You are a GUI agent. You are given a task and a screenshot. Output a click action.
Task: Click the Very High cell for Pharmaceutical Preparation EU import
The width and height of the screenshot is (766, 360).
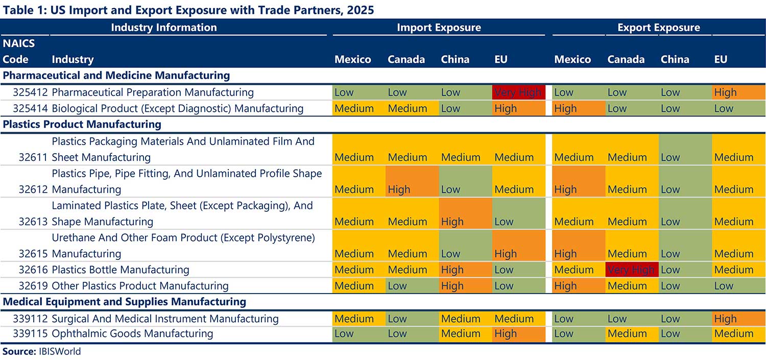tap(518, 92)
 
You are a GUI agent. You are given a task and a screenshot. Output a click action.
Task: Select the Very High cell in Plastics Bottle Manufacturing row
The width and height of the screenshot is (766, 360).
tap(631, 270)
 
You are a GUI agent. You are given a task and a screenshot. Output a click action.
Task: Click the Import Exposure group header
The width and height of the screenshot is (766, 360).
tap(439, 28)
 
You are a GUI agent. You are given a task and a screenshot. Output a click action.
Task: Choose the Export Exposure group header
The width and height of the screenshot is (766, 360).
tap(658, 28)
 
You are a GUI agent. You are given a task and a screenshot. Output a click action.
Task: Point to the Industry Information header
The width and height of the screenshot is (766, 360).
tap(163, 28)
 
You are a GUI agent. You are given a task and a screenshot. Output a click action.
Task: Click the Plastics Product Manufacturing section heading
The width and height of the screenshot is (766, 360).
tap(82, 124)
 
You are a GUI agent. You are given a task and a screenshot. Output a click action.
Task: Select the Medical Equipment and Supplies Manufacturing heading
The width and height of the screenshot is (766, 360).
tap(125, 302)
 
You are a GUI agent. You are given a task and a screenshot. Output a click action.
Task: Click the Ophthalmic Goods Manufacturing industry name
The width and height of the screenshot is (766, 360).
tap(132, 333)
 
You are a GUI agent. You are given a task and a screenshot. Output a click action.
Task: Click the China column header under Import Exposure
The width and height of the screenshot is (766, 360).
tap(455, 59)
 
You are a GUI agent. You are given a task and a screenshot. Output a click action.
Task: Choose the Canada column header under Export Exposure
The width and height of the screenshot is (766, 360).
tap(626, 59)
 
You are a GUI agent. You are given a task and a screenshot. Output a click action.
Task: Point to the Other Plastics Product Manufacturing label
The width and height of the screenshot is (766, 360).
tap(140, 285)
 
